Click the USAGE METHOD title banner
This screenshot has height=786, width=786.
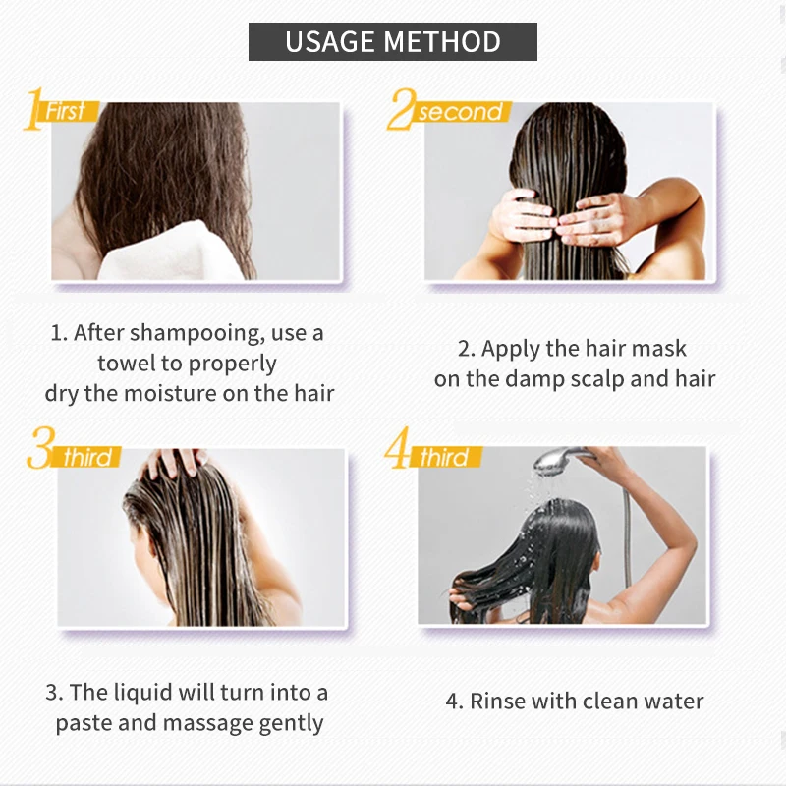pos(392,41)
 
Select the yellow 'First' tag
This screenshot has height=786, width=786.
pos(69,111)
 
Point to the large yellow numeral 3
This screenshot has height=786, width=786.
pos(40,447)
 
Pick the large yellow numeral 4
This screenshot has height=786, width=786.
pos(398,447)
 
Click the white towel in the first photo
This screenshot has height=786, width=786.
pos(170,253)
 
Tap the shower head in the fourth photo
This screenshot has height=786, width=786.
pos(556,460)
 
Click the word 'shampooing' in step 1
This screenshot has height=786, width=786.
pos(197,334)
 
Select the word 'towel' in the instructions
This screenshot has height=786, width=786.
pos(127,363)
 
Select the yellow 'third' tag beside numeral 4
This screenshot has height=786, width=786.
pos(445,457)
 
